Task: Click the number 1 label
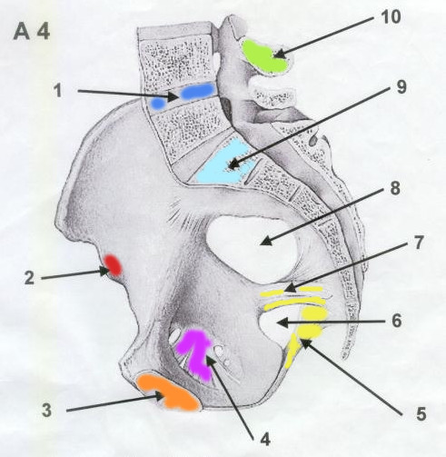[x=58, y=90]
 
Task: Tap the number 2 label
[x=29, y=278]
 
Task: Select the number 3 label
[x=46, y=411]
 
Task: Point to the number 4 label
[x=265, y=439]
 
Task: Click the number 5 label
[x=421, y=414]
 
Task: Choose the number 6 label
[x=397, y=321]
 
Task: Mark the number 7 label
[x=418, y=243]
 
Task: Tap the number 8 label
[x=395, y=188]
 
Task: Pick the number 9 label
[x=401, y=87]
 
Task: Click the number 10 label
[x=391, y=16]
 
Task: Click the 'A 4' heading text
[x=32, y=32]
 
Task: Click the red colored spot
[x=113, y=265]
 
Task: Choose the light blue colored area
[x=224, y=164]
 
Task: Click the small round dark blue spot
[x=158, y=104]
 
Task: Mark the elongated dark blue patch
[x=197, y=91]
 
